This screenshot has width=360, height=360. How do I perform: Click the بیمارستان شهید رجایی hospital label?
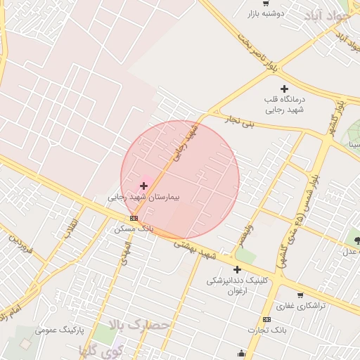coord(143,198)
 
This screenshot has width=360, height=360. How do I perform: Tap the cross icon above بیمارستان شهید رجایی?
coord(144,186)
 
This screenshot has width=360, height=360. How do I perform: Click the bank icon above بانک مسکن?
coord(134,219)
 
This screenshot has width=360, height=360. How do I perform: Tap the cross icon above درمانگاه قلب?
coord(284,89)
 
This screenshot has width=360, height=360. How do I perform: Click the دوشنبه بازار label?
coord(264,13)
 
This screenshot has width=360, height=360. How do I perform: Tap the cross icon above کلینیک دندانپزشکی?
coord(237,269)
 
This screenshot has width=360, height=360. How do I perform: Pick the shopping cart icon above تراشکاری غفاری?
coord(300,295)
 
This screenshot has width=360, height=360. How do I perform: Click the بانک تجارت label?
coord(266,330)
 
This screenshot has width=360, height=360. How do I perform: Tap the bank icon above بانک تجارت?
coord(266,319)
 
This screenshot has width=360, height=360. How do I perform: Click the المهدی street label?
coord(124,254)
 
